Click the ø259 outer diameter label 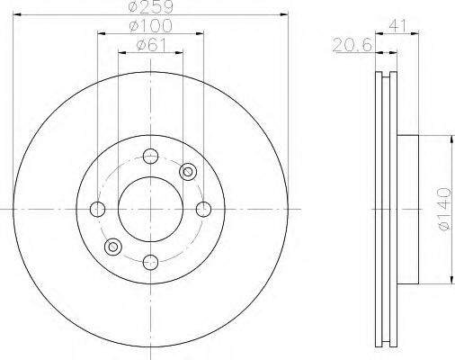click(x=150, y=6)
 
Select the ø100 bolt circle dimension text click(x=149, y=28)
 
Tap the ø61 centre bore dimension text click(x=149, y=47)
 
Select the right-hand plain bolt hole click(x=203, y=209)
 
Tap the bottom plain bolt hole click(x=150, y=262)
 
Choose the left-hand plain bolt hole click(x=97, y=209)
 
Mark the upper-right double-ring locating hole click(x=188, y=171)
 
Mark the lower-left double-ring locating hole click(x=112, y=247)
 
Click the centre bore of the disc click(x=150, y=209)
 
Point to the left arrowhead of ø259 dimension click(x=16, y=13)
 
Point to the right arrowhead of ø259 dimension click(x=284, y=13)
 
